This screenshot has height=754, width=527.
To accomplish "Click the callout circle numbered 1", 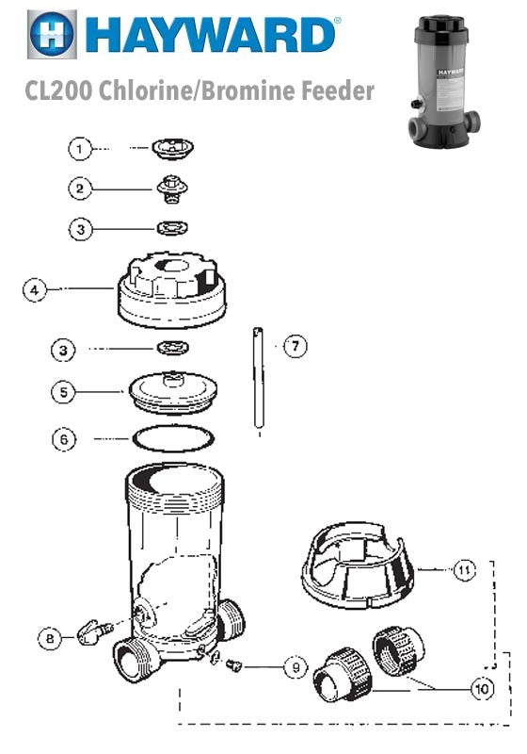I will tap(81, 148).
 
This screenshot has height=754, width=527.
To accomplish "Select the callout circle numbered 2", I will tap(81, 188).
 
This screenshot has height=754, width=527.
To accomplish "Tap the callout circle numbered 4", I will tap(36, 290).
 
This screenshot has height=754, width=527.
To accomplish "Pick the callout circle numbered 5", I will tap(63, 391).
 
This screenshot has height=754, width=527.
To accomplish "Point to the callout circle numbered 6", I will tap(63, 438).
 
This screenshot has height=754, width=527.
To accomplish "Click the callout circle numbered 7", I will tap(295, 346).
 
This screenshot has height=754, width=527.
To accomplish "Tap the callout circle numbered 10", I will tap(481, 689).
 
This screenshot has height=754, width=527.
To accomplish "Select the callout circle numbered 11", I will tap(463, 569).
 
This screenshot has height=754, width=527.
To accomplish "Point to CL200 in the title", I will tap(57, 91).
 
